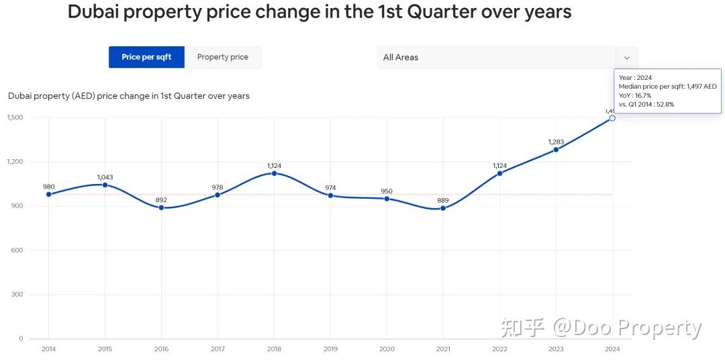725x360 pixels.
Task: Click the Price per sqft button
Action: [146, 57]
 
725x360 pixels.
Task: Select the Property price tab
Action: [223, 57]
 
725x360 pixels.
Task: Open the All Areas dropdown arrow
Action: [627, 58]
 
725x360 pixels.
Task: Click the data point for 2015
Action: [105, 185]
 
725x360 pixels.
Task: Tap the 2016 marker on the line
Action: [161, 208]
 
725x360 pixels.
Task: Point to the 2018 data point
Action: [274, 173]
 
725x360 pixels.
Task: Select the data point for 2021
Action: [443, 208]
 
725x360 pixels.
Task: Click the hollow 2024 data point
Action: [612, 118]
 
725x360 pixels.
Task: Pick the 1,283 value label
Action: [556, 142]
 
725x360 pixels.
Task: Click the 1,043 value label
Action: [105, 177]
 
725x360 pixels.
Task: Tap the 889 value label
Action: [443, 200]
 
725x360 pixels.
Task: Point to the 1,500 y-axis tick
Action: [15, 118]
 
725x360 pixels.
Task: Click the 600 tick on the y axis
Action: [17, 251]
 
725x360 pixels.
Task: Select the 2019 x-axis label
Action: [330, 349]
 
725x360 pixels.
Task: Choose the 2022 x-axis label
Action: [499, 349]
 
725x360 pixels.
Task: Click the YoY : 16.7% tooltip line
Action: [635, 95]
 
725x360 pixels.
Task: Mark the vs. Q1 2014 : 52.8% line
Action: [646, 104]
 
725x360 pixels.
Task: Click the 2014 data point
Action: [48, 194]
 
